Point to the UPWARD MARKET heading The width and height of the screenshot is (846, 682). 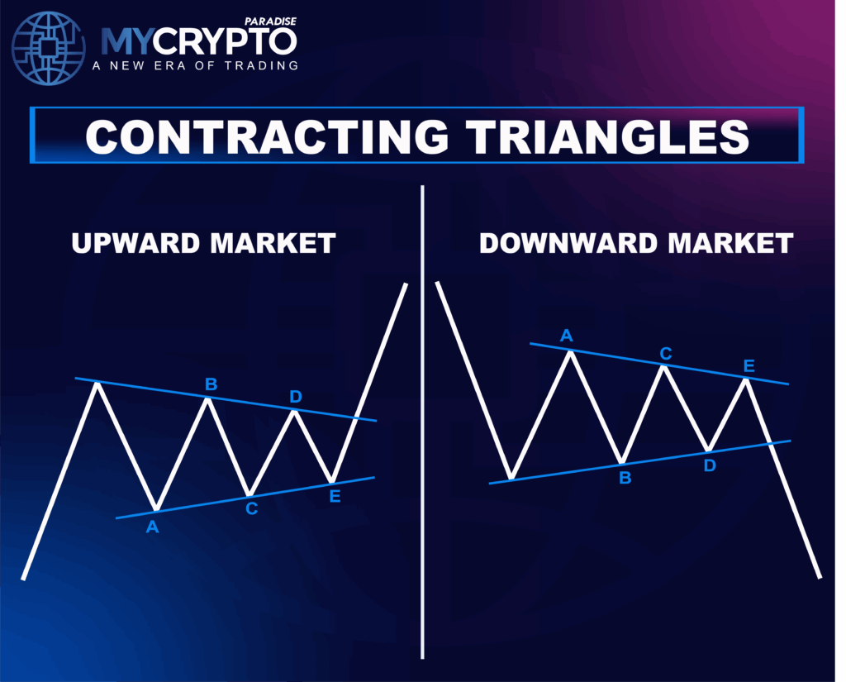point(203,243)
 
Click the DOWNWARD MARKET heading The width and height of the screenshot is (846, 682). point(636,243)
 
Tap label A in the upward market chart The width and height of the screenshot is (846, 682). point(152,526)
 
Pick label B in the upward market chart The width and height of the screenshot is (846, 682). point(211,384)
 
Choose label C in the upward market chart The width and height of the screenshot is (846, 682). point(251,508)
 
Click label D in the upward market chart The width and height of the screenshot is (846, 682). point(296,398)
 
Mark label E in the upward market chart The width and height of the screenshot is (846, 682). point(335,497)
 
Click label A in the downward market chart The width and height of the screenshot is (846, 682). point(567,335)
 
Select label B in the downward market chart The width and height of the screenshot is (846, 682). point(625,477)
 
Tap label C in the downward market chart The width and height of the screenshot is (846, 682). point(666,354)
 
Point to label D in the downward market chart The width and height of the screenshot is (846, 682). point(710,465)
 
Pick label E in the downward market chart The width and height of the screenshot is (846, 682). point(749,366)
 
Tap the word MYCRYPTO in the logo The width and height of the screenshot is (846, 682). point(198,41)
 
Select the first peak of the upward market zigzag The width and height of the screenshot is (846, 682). point(98,384)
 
